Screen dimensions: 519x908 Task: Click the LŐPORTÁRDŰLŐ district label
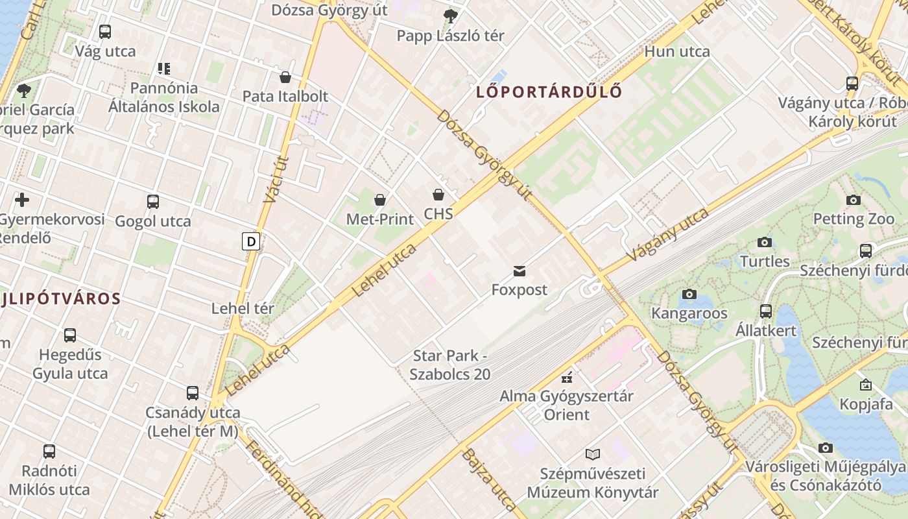[x=549, y=91]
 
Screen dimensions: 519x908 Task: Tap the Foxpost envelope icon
[x=519, y=271]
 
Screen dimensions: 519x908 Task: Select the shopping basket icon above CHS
[x=438, y=195]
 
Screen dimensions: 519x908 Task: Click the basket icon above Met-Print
[x=380, y=200]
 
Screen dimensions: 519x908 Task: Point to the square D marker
[x=251, y=242]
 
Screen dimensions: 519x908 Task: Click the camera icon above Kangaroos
[x=689, y=295]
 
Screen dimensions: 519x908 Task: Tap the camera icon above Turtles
[x=765, y=243]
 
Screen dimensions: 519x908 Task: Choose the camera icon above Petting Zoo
[x=854, y=200]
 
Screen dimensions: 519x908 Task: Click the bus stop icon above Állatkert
[x=766, y=311]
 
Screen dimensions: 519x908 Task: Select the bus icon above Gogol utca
[x=153, y=202]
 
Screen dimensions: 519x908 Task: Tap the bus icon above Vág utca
[x=105, y=32]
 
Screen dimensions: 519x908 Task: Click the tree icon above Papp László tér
[x=450, y=16]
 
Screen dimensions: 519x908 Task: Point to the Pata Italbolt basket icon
[x=285, y=78]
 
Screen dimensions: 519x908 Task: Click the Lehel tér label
[x=243, y=309]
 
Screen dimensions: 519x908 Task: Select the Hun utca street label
[x=677, y=52]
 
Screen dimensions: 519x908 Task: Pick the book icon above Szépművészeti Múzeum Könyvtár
[x=593, y=454]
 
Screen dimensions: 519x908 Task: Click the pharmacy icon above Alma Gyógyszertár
[x=567, y=377]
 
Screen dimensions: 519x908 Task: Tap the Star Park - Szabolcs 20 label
[x=450, y=365]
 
